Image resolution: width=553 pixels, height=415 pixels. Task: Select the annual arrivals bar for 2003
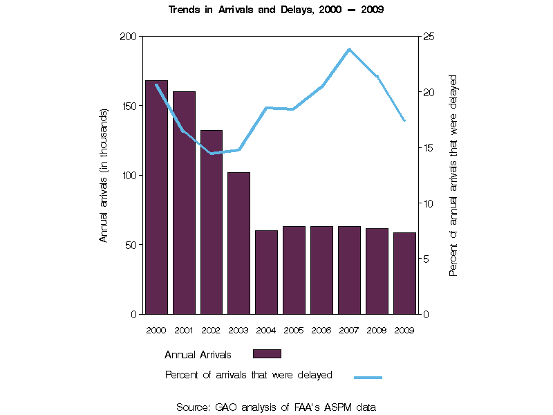click(x=239, y=243)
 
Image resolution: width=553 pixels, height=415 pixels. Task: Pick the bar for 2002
click(x=212, y=221)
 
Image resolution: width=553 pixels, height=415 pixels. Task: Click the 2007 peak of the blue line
click(x=350, y=49)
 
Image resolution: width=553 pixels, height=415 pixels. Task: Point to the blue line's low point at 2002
click(x=212, y=154)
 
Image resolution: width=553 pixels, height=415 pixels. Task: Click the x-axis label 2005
click(x=294, y=330)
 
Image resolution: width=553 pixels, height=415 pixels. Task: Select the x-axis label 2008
click(x=377, y=330)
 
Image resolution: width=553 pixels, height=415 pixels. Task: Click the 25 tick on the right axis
click(x=428, y=36)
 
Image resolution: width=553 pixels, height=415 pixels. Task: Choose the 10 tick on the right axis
click(x=428, y=203)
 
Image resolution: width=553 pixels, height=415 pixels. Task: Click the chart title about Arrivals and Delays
click(x=276, y=10)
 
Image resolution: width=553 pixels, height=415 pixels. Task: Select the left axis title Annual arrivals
click(x=104, y=175)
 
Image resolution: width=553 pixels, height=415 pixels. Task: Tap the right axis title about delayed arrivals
click(x=453, y=175)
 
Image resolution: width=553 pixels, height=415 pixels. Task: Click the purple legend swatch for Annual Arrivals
click(x=267, y=353)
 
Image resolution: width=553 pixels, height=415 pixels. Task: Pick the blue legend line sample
click(x=368, y=377)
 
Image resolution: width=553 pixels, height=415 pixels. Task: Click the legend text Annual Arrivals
click(x=198, y=355)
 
